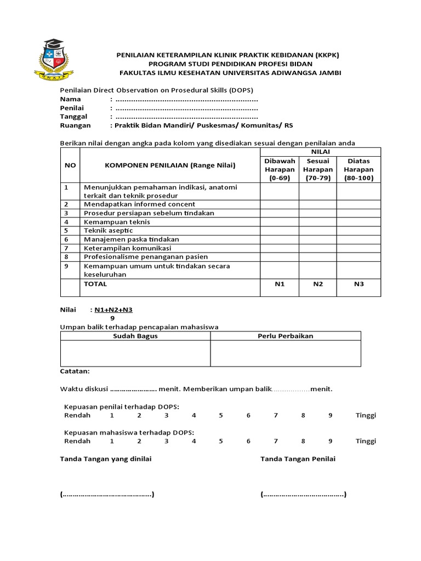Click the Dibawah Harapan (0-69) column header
point(280,170)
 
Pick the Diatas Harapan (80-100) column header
point(359,170)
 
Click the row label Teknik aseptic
point(108,231)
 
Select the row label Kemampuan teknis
point(116,222)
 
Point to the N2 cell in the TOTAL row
point(318,284)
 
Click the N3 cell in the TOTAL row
point(359,284)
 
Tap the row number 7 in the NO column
point(66,248)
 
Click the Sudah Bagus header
point(135,336)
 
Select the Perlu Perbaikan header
point(286,336)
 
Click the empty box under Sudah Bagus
point(135,353)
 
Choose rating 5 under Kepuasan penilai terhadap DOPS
point(221,415)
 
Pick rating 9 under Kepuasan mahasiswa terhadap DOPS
point(331,441)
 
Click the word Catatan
point(74,371)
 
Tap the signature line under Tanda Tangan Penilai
point(303,495)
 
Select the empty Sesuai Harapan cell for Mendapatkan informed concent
point(318,204)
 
